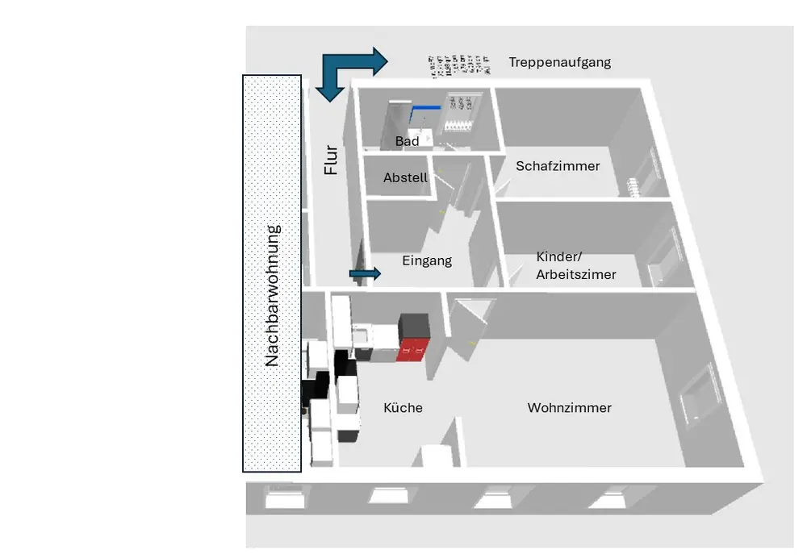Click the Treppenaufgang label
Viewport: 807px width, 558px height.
(559, 62)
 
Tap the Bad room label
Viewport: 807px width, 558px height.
(407, 141)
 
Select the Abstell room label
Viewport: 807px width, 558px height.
(405, 177)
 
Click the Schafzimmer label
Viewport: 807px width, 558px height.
(558, 166)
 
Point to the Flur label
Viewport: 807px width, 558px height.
(330, 160)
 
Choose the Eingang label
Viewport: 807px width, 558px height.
(427, 260)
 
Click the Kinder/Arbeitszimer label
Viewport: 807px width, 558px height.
(575, 266)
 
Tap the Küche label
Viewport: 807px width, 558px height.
(403, 408)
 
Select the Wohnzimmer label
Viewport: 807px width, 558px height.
(569, 408)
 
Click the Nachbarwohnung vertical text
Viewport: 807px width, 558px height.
(272, 295)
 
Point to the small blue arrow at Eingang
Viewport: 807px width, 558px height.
(365, 274)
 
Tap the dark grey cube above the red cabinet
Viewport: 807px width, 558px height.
(417, 326)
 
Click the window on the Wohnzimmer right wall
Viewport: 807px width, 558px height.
(699, 395)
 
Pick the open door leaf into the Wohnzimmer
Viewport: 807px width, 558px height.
(468, 331)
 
